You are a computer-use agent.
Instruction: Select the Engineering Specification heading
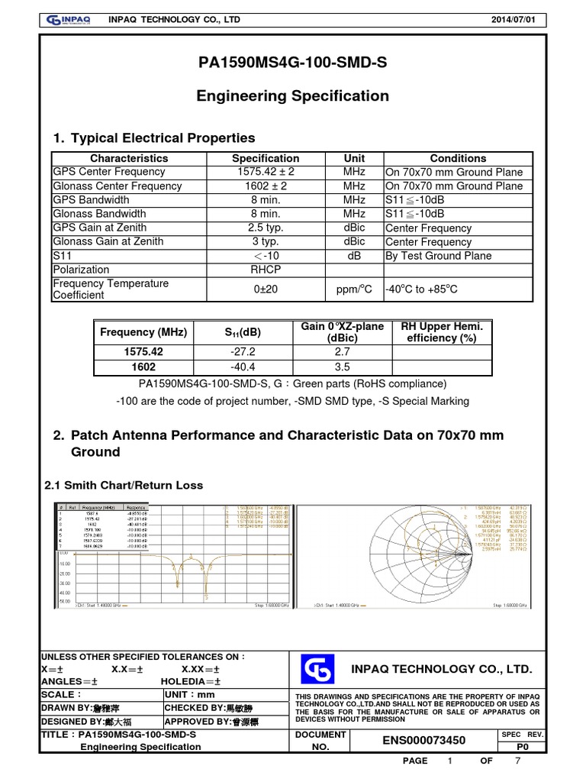pos(292,96)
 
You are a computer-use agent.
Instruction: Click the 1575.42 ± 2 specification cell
pos(266,172)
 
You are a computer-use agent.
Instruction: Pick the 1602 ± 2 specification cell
pos(266,186)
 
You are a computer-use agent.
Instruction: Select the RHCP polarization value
pos(266,270)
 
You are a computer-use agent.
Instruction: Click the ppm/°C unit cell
pos(353,289)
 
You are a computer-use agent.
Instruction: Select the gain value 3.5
pos(342,366)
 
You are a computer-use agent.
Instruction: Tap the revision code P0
pos(523,746)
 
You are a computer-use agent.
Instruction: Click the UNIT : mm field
pos(191,694)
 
